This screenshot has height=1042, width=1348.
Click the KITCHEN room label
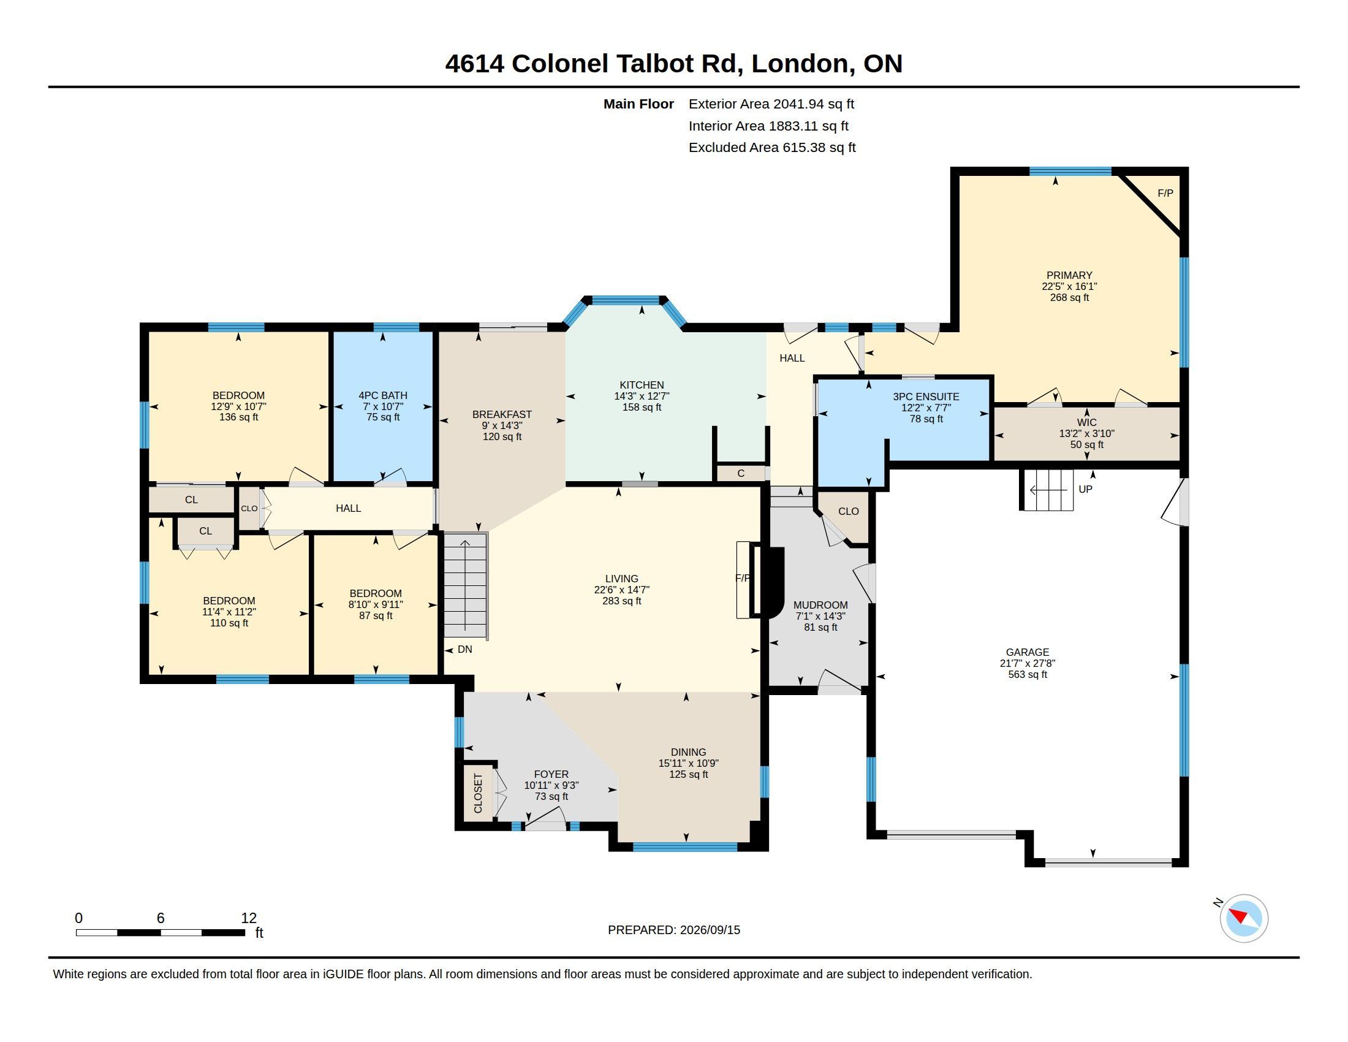point(642,385)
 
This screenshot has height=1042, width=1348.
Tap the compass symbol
point(1244,918)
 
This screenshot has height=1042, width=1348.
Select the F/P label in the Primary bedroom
point(1165,193)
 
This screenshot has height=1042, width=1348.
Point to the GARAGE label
point(1027,653)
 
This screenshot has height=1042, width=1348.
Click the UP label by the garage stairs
point(1085,489)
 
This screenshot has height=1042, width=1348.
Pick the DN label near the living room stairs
point(465,649)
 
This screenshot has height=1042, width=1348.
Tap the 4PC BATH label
point(383,396)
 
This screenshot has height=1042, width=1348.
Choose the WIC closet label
point(1086,423)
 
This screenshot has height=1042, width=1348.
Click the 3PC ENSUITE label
point(926,397)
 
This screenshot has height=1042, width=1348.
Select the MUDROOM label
point(820,606)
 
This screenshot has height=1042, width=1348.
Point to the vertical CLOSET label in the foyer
point(478,793)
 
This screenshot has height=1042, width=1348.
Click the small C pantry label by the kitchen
point(741,473)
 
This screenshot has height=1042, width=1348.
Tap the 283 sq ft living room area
point(621,601)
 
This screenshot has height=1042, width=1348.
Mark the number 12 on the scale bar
point(249,918)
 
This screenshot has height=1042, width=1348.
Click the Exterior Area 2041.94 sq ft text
point(771,104)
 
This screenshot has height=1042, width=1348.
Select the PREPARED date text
point(674,930)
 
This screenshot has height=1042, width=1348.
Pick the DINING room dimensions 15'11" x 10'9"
point(688,764)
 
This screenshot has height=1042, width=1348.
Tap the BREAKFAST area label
point(502,415)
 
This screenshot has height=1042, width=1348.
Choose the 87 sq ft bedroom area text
point(375,616)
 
